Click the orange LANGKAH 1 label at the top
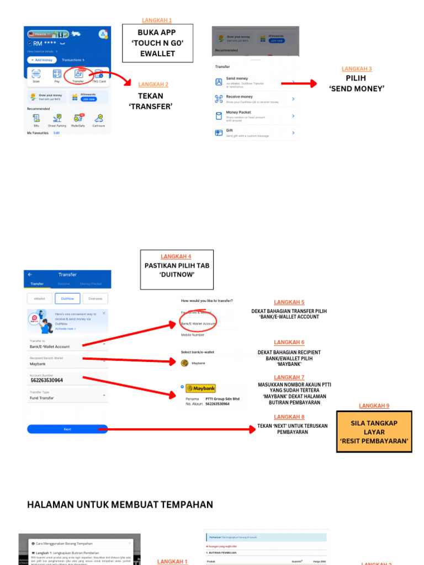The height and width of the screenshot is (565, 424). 157,20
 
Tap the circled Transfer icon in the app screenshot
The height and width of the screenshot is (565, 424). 78,74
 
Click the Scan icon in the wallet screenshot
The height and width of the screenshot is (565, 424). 36,74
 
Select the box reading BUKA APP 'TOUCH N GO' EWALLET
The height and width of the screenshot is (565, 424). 157,43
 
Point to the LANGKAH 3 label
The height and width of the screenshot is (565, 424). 357,69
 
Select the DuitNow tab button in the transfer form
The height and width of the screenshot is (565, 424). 67,299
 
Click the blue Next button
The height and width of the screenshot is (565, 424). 67,429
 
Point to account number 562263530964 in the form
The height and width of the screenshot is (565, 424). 47,380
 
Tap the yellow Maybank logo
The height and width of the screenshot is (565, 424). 201,388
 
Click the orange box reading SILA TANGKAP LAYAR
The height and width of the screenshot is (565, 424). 374,431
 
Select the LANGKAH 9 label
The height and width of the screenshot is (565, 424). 374,406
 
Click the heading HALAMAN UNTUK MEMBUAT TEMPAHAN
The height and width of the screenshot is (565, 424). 120,505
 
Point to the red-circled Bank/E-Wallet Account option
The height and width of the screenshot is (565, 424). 198,323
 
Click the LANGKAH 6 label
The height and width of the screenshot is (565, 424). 289,343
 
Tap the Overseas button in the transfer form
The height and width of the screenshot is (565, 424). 95,299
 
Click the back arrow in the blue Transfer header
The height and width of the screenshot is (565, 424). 30,275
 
